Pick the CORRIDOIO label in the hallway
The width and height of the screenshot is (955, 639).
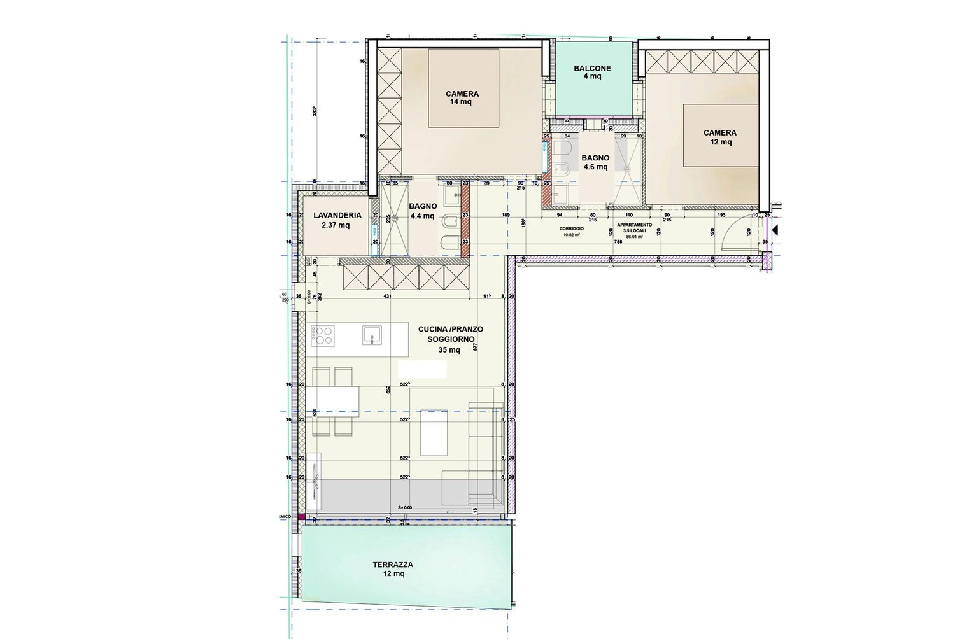click(569, 227)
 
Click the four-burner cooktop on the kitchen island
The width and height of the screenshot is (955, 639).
click(323, 335)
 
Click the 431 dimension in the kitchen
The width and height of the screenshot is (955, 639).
click(387, 297)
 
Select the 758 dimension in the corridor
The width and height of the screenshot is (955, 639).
click(618, 242)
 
